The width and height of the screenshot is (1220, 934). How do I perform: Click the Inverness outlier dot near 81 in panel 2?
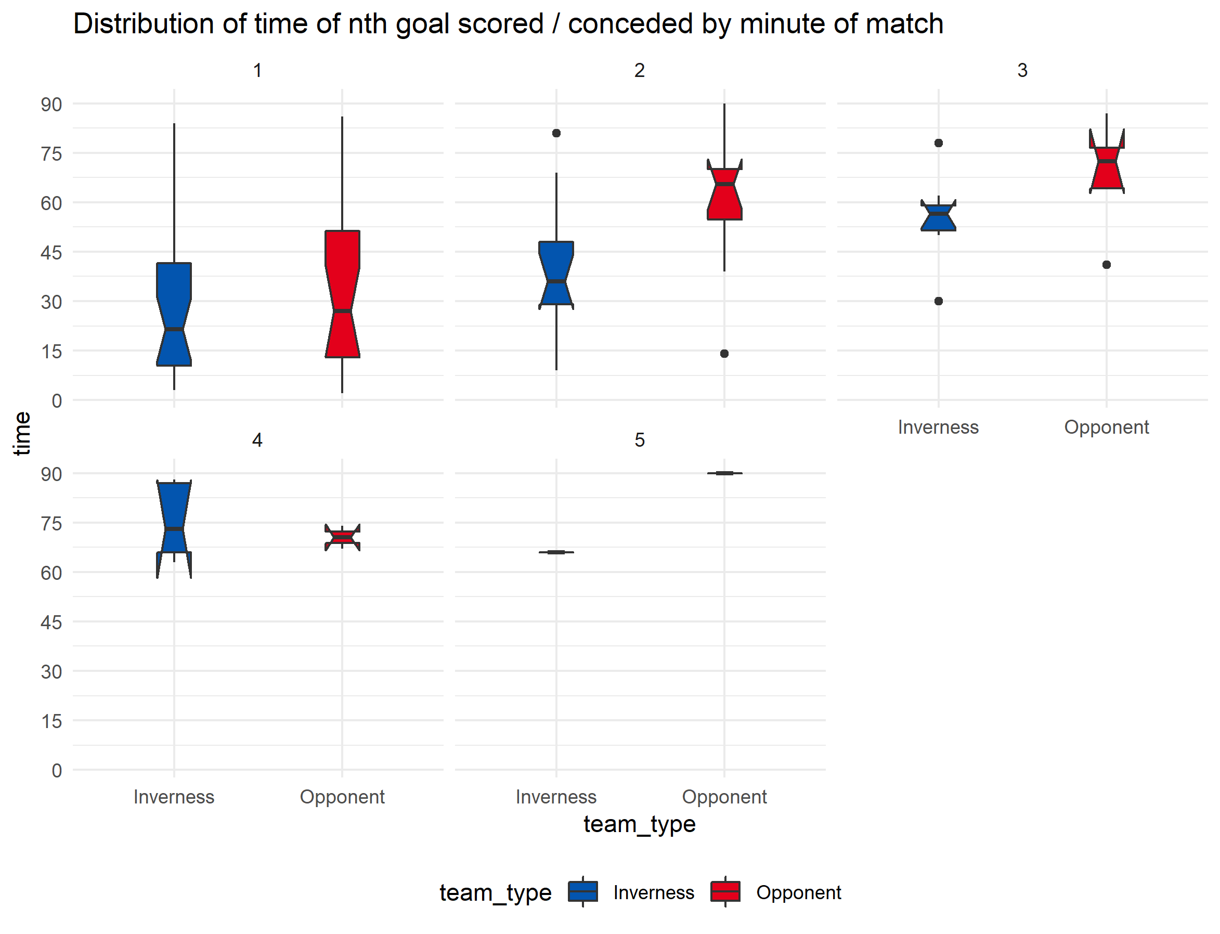coord(556,134)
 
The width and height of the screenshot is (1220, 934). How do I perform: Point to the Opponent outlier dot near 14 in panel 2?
coord(724,354)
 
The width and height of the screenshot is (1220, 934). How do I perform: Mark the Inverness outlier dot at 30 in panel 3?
coord(938,301)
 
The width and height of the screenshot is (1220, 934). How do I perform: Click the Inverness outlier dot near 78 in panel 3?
coord(938,143)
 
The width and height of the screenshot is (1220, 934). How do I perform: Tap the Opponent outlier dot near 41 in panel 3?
coord(1106,265)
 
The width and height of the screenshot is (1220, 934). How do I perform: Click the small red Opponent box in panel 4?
coord(342,538)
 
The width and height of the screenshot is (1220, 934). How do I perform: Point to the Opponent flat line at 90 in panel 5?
coord(724,473)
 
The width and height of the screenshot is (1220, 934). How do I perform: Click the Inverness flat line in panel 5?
coord(556,552)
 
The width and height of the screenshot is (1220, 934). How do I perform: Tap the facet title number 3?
coord(1021,71)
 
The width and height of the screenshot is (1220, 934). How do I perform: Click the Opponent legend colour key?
coord(725,891)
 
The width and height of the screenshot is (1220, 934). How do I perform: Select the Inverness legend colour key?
coord(582,891)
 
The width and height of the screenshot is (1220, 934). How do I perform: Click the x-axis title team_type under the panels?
coord(639,824)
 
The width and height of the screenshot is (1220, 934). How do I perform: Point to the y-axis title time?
coord(22,434)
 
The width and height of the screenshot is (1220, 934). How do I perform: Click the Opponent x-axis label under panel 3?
coord(1106,427)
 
